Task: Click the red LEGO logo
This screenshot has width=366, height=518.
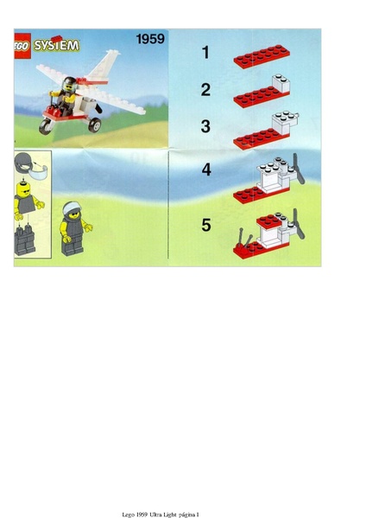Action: [x=23, y=43]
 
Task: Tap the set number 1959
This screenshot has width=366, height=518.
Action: [x=149, y=39]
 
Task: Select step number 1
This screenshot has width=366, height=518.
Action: [x=205, y=53]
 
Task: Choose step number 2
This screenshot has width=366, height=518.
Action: [x=205, y=89]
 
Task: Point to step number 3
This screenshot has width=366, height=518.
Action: [x=205, y=126]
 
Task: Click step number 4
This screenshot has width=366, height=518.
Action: [x=206, y=169]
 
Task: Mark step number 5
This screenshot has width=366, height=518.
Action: [x=206, y=225]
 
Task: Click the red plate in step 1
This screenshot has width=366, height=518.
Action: [x=260, y=58]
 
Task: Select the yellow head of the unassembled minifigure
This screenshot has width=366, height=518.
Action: [x=25, y=205]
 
